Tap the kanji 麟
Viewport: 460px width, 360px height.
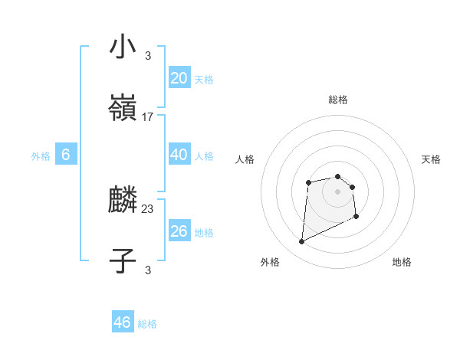coord(123,201)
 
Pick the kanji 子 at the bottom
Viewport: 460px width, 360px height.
coord(123,261)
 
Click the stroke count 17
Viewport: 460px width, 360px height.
coord(148,117)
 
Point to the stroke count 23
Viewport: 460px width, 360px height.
coord(148,208)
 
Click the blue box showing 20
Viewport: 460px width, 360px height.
coord(179,78)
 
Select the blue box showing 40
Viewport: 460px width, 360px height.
coord(179,155)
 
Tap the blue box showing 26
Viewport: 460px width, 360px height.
coord(179,231)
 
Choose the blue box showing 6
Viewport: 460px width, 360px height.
coord(66,155)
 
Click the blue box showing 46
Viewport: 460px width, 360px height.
coord(123,322)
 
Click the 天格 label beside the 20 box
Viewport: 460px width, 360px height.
coord(204,80)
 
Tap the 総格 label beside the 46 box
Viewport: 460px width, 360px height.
coord(147,324)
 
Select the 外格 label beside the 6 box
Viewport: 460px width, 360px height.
coord(41,156)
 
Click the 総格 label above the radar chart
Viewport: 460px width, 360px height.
coord(338,100)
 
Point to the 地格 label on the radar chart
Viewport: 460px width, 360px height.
coord(402,262)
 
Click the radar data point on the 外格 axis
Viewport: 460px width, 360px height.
coord(301,242)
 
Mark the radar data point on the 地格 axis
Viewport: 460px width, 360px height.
coord(356,216)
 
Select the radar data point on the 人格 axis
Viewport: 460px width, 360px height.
coord(308,182)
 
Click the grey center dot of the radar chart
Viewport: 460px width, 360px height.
coord(337,191)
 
